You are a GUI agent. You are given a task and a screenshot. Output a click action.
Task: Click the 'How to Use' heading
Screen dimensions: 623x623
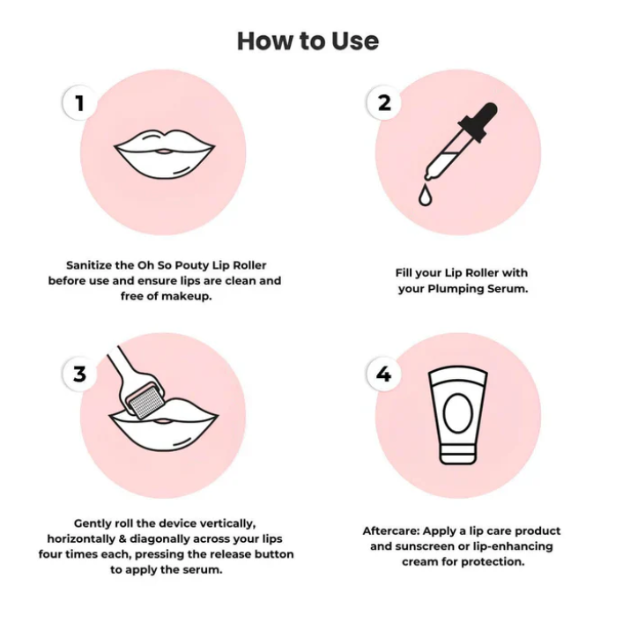pyautogui.click(x=308, y=41)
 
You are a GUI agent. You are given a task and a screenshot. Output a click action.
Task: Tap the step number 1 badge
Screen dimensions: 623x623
pyautogui.click(x=80, y=103)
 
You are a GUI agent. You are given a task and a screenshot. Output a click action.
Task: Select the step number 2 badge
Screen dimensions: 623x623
pyautogui.click(x=384, y=103)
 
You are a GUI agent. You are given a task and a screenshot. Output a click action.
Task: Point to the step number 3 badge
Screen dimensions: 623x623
pyautogui.click(x=80, y=374)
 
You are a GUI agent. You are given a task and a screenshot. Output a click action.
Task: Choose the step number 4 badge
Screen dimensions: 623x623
pyautogui.click(x=384, y=374)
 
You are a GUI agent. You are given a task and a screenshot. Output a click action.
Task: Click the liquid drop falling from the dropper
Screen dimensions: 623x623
pyautogui.click(x=425, y=195)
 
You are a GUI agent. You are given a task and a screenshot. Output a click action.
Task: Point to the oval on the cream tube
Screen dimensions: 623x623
pyautogui.click(x=457, y=413)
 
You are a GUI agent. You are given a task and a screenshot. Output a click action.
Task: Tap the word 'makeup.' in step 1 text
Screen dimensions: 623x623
pyautogui.click(x=187, y=296)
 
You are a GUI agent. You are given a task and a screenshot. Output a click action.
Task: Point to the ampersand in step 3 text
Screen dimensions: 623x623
pyautogui.click(x=122, y=538)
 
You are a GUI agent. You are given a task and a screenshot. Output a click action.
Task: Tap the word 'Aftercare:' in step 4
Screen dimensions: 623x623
pyautogui.click(x=391, y=530)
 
